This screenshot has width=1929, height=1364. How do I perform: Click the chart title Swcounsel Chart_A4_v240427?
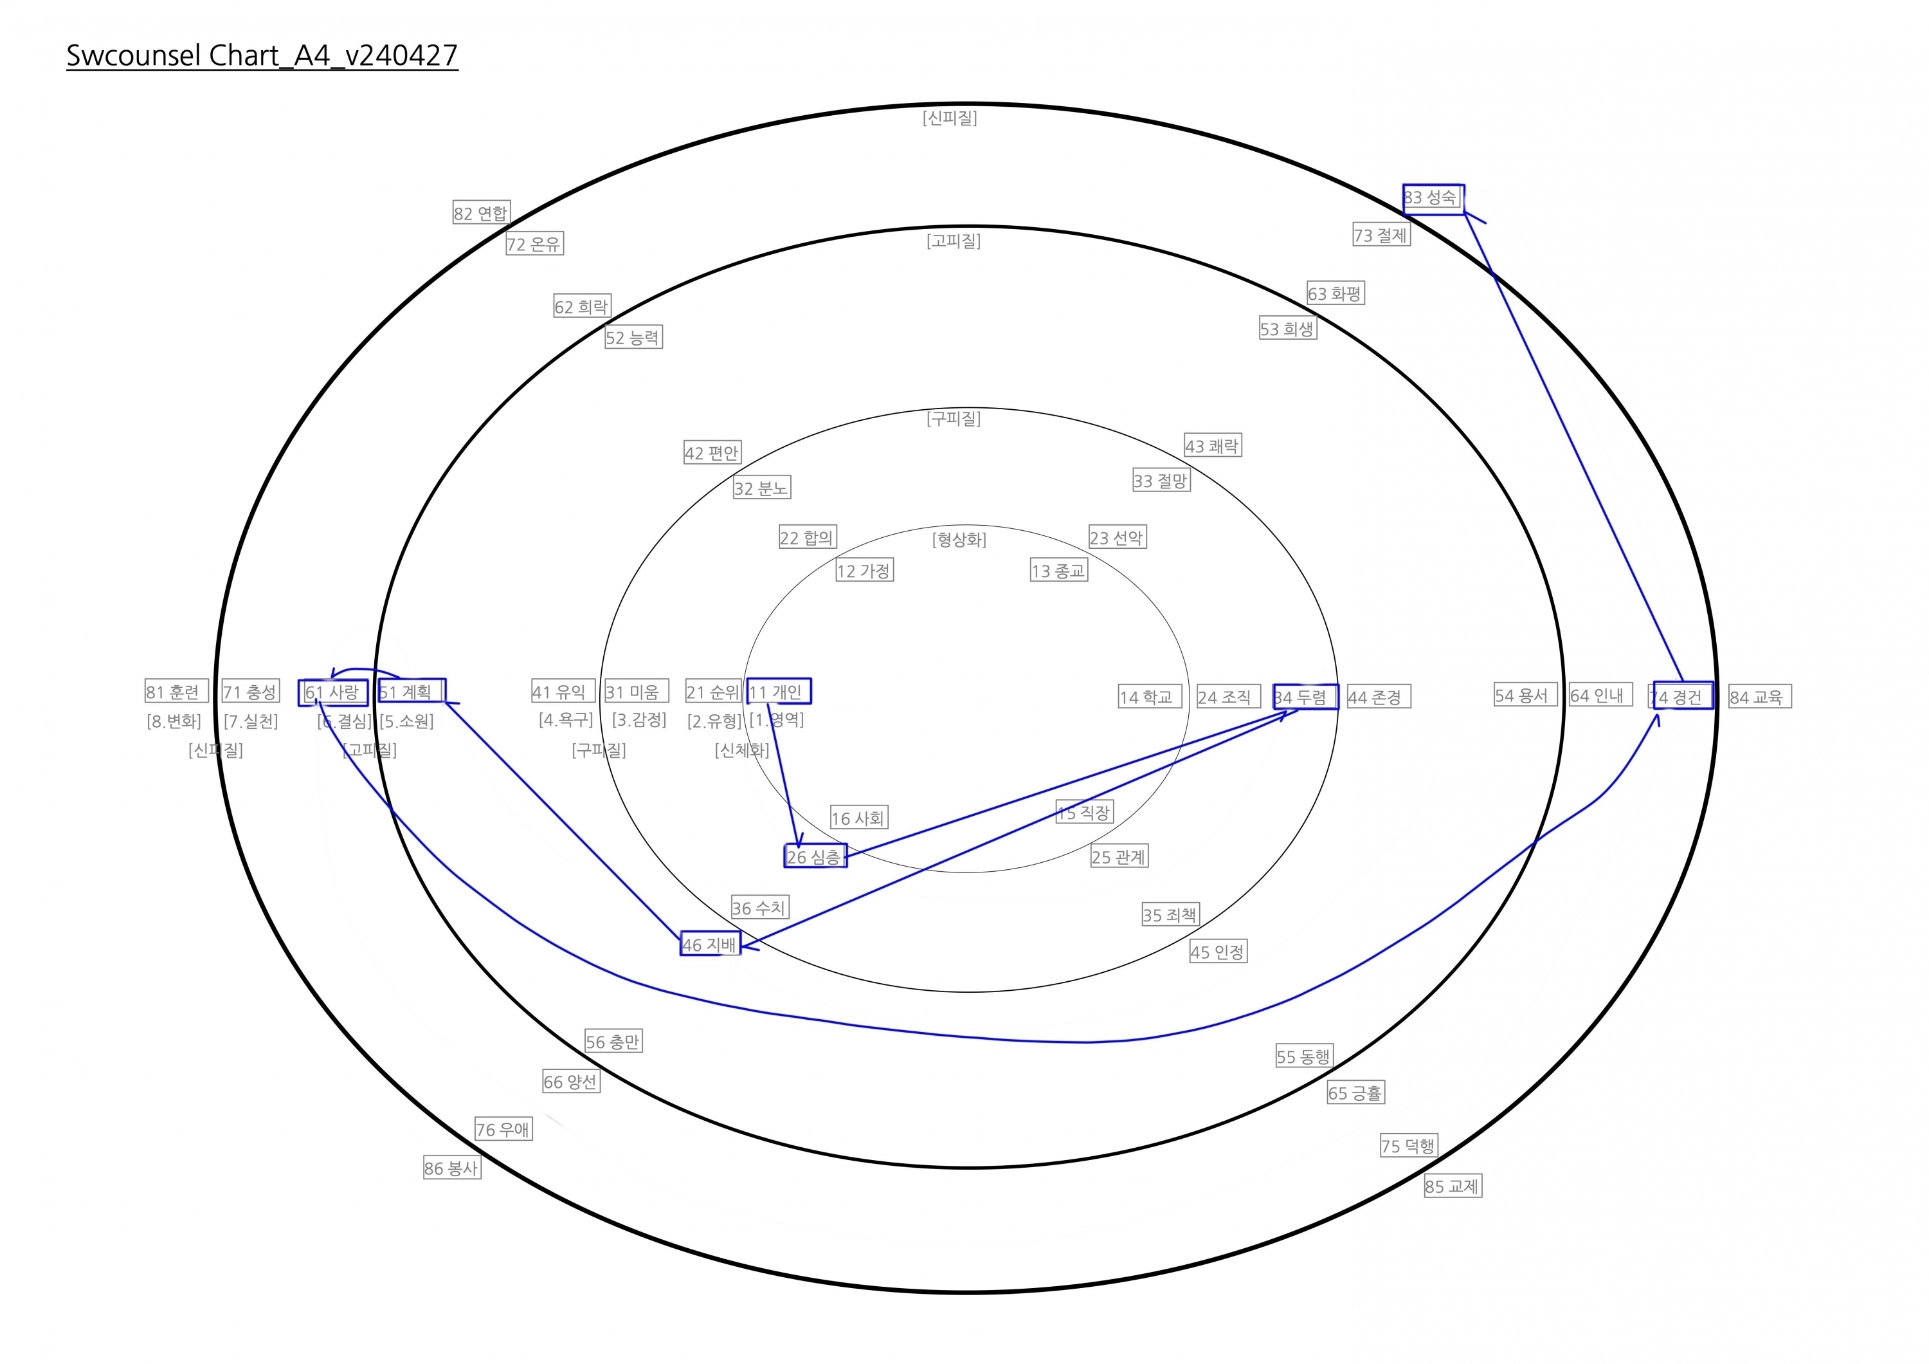(262, 55)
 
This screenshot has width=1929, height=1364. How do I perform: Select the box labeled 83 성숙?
(1433, 199)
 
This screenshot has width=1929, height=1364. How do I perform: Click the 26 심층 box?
(815, 856)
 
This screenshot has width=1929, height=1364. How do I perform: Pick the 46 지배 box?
(710, 944)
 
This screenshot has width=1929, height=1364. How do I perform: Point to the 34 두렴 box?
(1305, 697)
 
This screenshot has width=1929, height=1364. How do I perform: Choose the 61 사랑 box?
(332, 692)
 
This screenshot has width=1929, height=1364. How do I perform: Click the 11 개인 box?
(779, 691)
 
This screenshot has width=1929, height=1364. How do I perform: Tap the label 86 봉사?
(452, 1167)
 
